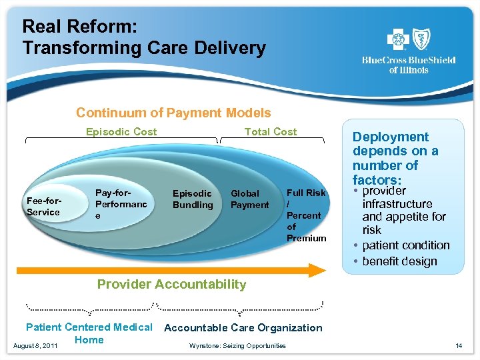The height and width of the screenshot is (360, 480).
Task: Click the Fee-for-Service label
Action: pyautogui.click(x=43, y=206)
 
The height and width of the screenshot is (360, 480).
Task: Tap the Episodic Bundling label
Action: pyautogui.click(x=192, y=199)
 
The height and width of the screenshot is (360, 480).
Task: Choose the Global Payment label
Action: pyautogui.click(x=249, y=199)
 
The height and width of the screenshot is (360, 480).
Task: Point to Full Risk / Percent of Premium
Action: pyautogui.click(x=306, y=215)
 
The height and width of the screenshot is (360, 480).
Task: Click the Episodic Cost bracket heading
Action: pyautogui.click(x=121, y=132)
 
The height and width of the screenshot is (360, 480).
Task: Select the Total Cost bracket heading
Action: pyautogui.click(x=271, y=132)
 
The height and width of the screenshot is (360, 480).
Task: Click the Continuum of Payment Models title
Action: pyautogui.click(x=173, y=113)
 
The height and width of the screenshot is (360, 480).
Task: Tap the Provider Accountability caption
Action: pyautogui.click(x=171, y=285)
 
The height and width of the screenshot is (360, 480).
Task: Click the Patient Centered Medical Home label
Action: pyautogui.click(x=89, y=333)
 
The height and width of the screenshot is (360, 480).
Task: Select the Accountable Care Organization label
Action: pyautogui.click(x=243, y=328)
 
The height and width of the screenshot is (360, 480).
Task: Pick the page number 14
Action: pyautogui.click(x=458, y=345)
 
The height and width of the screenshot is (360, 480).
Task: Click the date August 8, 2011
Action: pyautogui.click(x=34, y=345)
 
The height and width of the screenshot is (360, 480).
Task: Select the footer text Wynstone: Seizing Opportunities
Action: pyautogui.click(x=237, y=345)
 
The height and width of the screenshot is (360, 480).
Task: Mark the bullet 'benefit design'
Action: pyautogui.click(x=400, y=261)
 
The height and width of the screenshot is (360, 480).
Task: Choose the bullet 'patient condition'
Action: pyautogui.click(x=406, y=245)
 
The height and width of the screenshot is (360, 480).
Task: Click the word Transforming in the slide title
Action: pyautogui.click(x=74, y=48)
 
